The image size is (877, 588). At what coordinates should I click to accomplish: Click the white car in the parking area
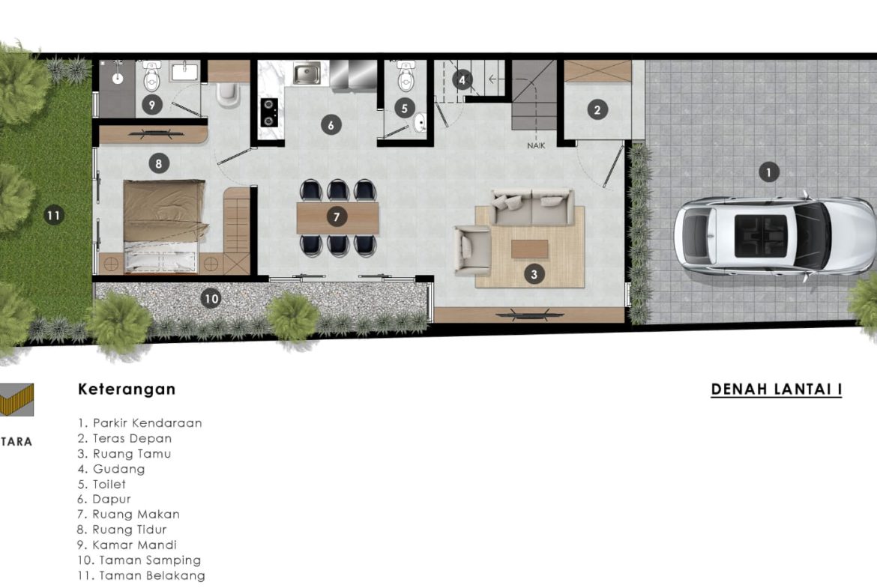coord(774,235)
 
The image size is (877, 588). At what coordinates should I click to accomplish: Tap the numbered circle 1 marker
coord(768,172)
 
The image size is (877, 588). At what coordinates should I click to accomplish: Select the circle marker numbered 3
coord(534,274)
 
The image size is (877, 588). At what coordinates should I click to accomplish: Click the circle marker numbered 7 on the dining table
coord(336,216)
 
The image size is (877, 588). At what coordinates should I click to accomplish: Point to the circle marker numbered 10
coord(211,298)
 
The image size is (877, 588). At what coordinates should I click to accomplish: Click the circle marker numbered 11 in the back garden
coord(54,215)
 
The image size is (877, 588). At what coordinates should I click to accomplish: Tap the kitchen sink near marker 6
coord(307,73)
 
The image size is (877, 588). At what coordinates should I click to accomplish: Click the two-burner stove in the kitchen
coord(269,112)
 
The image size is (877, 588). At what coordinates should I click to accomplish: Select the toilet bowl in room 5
coord(406,76)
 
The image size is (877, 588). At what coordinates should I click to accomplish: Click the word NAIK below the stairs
coord(536,145)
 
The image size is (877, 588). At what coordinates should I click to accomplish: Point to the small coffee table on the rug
coord(530,249)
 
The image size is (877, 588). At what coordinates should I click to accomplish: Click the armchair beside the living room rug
coord(473,250)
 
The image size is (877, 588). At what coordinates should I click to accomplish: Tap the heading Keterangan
coord(127,389)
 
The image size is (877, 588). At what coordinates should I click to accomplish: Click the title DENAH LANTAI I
coord(777,390)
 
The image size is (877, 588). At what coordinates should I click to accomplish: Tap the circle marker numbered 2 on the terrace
coord(597,109)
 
